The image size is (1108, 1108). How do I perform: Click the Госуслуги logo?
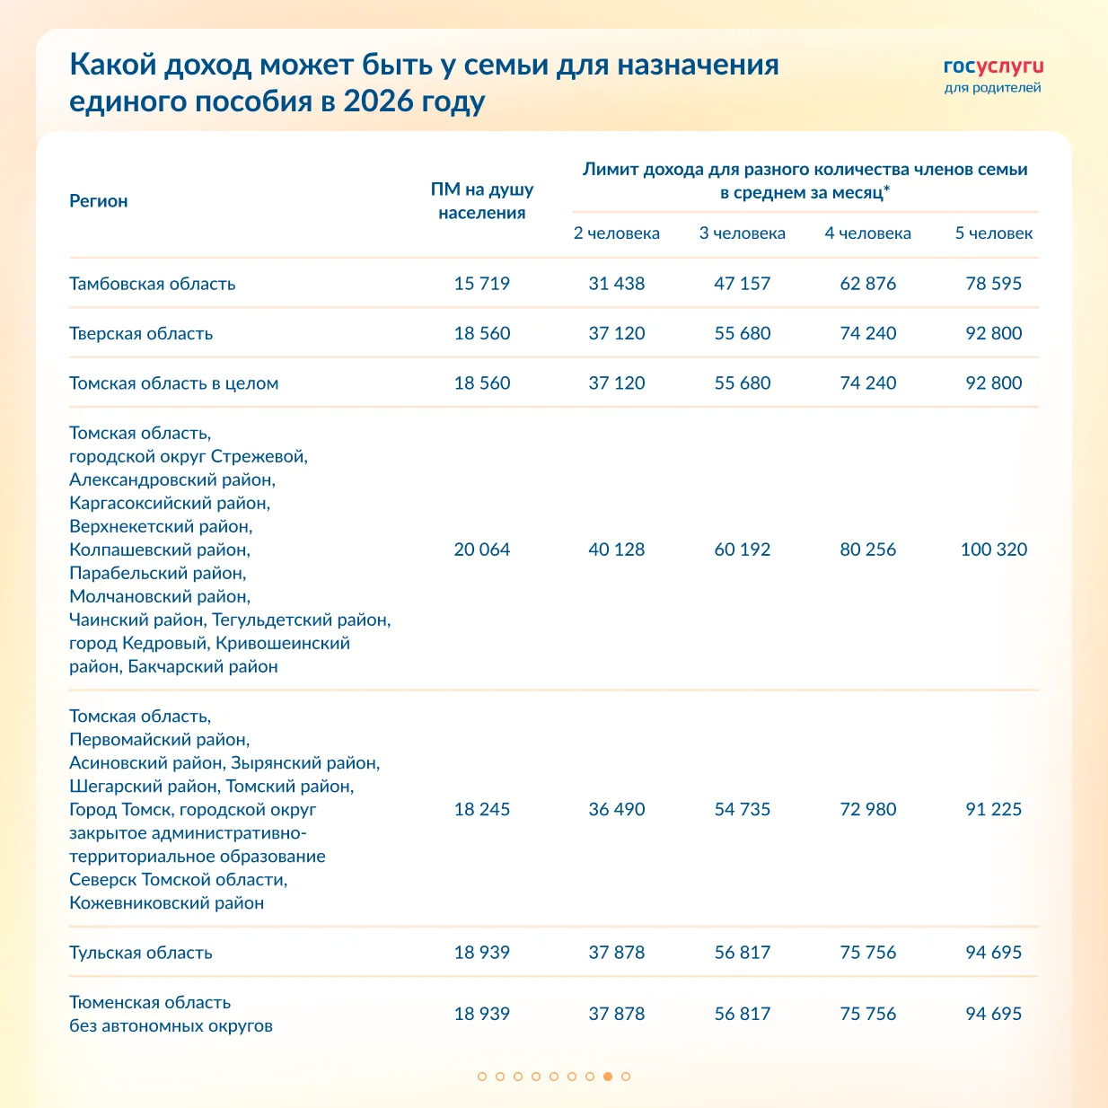(x=993, y=67)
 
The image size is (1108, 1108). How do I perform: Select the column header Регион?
(x=99, y=201)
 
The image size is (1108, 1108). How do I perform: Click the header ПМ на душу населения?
(x=482, y=201)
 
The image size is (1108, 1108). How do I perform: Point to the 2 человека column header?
(x=617, y=233)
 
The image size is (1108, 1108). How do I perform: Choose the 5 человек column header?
(x=993, y=233)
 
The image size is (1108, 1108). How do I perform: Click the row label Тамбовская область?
(x=153, y=284)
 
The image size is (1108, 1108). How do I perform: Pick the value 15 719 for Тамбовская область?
(x=482, y=284)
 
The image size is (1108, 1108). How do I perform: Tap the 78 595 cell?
(x=993, y=284)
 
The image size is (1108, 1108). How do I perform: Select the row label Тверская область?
(x=141, y=334)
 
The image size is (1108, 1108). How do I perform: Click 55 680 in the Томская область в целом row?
(x=743, y=383)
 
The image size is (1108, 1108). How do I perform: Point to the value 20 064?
(x=482, y=550)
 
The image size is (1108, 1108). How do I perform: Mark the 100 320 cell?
(x=993, y=550)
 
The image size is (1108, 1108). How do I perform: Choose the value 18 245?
(x=482, y=809)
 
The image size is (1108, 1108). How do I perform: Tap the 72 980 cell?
(x=868, y=809)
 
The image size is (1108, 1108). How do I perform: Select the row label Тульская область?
(x=141, y=953)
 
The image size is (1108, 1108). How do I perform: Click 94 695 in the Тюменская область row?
(x=993, y=1014)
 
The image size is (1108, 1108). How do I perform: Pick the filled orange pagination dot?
(x=608, y=1076)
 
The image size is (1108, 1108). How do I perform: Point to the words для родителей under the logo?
(x=993, y=88)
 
